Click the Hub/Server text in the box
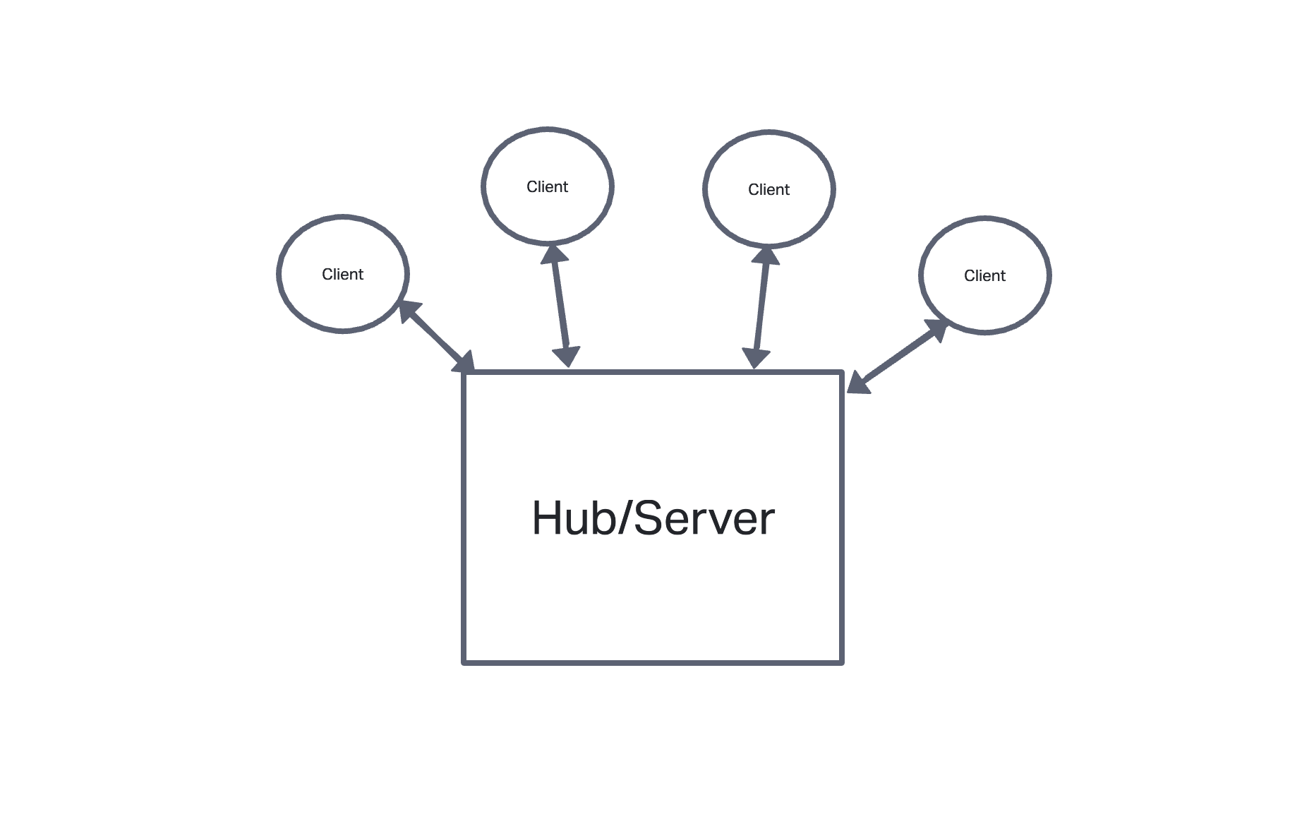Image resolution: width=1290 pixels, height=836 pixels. (x=653, y=518)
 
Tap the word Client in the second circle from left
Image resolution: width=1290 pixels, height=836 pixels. (x=547, y=187)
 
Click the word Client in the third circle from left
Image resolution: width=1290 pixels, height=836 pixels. (x=768, y=190)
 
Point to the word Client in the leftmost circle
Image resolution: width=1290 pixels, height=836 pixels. (x=342, y=275)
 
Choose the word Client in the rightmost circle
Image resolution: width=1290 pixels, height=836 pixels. (x=984, y=276)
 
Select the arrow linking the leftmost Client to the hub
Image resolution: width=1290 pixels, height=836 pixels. (x=436, y=336)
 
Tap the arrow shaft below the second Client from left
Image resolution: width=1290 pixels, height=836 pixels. (x=561, y=305)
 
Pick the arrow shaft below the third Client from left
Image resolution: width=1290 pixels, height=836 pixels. (x=761, y=307)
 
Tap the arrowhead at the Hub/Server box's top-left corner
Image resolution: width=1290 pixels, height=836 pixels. (x=465, y=362)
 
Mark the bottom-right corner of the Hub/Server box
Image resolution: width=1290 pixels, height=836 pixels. (x=842, y=662)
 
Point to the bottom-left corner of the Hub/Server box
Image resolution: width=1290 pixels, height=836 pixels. (x=464, y=662)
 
